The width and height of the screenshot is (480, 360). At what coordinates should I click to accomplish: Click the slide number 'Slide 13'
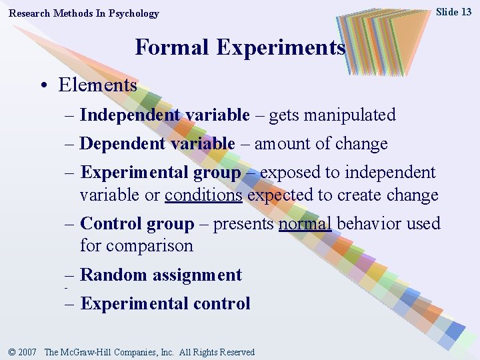(x=453, y=12)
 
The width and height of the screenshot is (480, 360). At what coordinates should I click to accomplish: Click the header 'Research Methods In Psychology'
(x=84, y=13)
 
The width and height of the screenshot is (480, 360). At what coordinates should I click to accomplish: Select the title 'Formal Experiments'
(x=240, y=48)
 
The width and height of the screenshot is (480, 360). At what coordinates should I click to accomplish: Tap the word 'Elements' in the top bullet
(x=97, y=85)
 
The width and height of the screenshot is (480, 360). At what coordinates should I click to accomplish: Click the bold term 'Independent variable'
(x=164, y=115)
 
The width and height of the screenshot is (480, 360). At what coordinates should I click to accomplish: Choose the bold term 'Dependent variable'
(x=157, y=143)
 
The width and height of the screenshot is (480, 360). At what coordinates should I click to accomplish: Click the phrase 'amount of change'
(x=321, y=143)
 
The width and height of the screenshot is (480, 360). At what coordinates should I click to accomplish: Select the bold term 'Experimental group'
(x=160, y=172)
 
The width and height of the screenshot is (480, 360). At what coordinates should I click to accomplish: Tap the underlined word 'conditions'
(x=203, y=195)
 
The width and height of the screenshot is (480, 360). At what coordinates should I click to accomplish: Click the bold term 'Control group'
(x=137, y=223)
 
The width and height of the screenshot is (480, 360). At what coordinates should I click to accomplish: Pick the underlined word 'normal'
(x=305, y=223)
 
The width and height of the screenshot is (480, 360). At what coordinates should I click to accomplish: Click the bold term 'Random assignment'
(x=161, y=275)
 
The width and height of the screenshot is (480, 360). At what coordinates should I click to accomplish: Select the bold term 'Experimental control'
(x=165, y=303)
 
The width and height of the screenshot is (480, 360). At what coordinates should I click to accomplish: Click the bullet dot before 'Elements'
(x=43, y=86)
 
